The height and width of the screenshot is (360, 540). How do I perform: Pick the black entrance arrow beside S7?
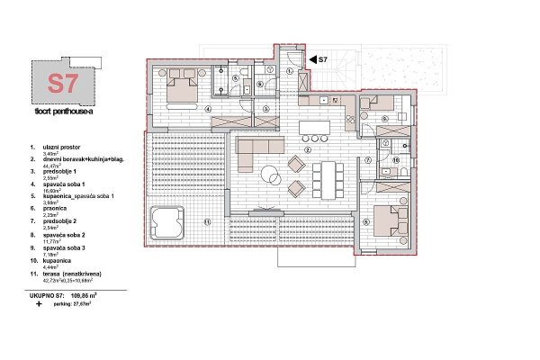coord(312,58)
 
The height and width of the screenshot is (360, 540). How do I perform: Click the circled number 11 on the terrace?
coord(206,221)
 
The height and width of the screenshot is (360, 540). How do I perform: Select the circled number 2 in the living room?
coord(308,150)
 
